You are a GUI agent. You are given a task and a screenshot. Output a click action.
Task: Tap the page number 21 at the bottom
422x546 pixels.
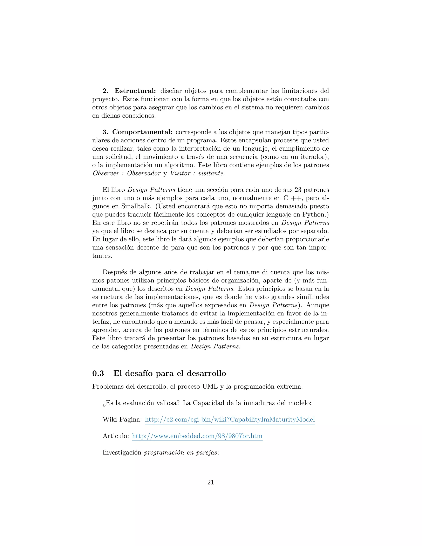point(211,482)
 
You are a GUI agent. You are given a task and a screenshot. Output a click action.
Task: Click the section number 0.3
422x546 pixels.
point(98,373)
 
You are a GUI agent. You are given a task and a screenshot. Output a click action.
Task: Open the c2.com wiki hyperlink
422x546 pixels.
point(230,419)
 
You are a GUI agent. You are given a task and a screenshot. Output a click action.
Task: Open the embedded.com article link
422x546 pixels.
point(197,436)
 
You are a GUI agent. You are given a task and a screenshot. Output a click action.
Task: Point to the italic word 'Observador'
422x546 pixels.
point(144,173)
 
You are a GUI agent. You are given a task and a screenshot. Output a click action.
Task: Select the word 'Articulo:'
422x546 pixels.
point(116,436)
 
